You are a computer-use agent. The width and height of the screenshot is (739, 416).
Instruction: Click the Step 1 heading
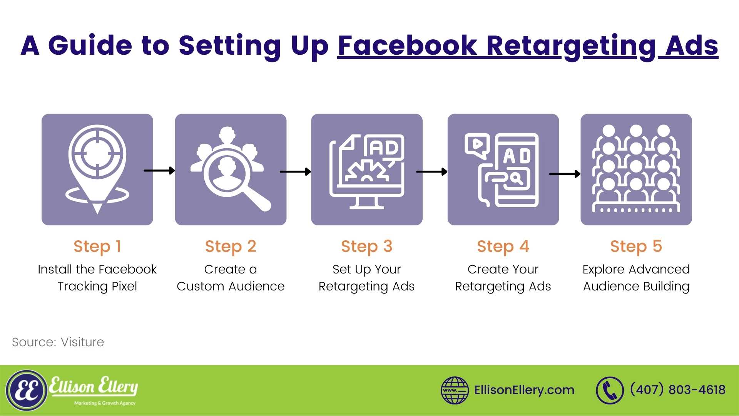(97, 247)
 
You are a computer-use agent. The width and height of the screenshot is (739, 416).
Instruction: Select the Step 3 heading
(366, 247)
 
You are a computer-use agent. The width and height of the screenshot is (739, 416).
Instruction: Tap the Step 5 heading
(636, 247)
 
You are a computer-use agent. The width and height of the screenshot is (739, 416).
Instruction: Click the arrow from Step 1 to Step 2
(159, 170)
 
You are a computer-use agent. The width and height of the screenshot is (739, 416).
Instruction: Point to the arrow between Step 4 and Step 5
(565, 174)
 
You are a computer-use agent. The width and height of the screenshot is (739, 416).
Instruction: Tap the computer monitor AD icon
(367, 171)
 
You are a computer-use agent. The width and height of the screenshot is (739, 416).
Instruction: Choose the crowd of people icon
(636, 168)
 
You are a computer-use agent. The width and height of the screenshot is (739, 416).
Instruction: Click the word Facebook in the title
(408, 46)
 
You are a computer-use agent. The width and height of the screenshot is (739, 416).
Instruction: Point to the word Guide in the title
(90, 45)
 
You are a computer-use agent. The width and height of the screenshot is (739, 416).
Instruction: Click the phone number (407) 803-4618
(678, 390)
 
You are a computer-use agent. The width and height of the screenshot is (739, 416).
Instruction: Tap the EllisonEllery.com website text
(524, 390)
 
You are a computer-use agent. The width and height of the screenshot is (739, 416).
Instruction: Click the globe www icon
(455, 390)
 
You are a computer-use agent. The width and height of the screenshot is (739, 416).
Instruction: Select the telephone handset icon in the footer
(610, 391)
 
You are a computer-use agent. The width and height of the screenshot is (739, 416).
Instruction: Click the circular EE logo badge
(27, 391)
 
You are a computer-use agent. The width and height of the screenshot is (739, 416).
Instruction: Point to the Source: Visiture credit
(58, 342)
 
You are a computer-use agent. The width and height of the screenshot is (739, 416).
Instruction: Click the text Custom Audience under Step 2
(231, 286)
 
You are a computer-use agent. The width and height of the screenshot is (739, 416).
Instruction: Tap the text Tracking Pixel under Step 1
(97, 287)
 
